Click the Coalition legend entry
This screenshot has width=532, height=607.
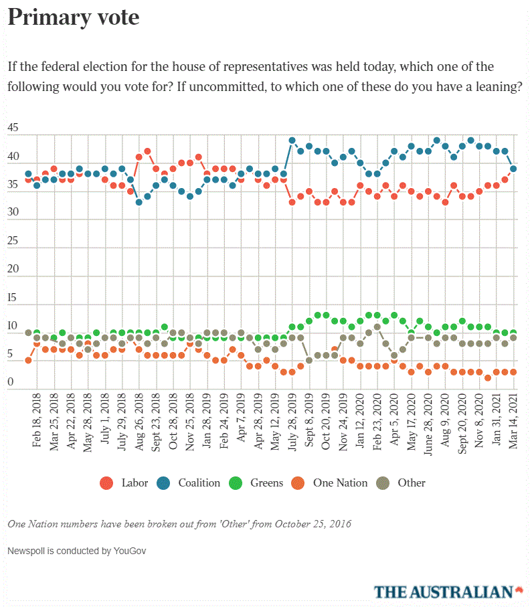[190, 483]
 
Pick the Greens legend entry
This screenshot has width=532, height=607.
[258, 483]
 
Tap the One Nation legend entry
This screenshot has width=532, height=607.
[331, 483]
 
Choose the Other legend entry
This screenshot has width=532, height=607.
[402, 483]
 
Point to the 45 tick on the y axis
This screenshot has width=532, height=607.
[13, 128]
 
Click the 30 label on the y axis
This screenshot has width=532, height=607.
[13, 212]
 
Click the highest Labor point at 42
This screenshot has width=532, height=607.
[147, 151]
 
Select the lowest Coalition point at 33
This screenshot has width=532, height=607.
[139, 201]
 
